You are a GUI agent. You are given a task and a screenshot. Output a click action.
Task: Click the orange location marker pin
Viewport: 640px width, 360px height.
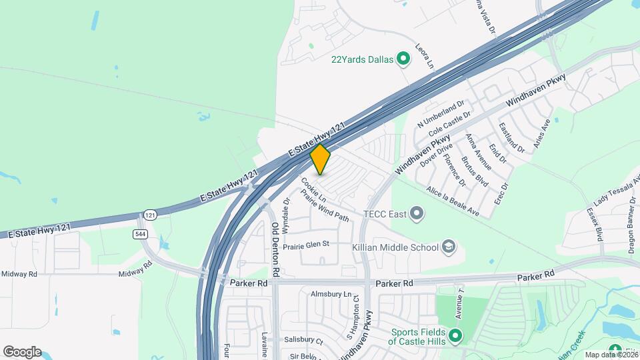(321, 159)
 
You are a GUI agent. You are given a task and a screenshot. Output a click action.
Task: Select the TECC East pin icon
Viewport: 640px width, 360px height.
(417, 214)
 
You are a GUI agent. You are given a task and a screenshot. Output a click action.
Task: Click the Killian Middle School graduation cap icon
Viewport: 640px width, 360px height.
(449, 247)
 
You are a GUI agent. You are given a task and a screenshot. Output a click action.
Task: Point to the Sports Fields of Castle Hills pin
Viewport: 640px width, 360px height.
(455, 335)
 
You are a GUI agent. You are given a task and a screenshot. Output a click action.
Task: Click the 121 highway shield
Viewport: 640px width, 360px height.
(150, 215)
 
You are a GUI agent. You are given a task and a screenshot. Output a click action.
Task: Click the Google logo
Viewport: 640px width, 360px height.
(22, 352)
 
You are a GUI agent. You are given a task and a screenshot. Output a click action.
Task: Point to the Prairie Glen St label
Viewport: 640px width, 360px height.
(307, 245)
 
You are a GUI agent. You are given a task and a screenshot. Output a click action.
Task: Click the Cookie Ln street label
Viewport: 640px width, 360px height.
(313, 189)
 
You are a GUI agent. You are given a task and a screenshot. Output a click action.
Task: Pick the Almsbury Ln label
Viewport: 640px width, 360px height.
(331, 294)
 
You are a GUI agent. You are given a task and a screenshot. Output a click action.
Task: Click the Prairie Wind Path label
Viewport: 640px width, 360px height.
(325, 205)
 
